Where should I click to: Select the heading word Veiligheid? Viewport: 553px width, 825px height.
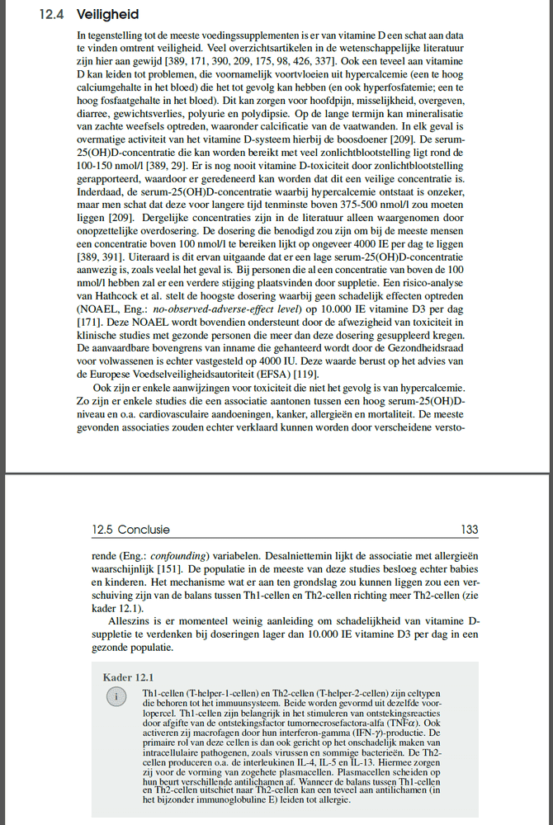107,16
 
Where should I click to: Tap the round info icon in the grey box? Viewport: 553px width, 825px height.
117,697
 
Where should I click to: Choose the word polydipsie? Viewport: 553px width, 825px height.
313,118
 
